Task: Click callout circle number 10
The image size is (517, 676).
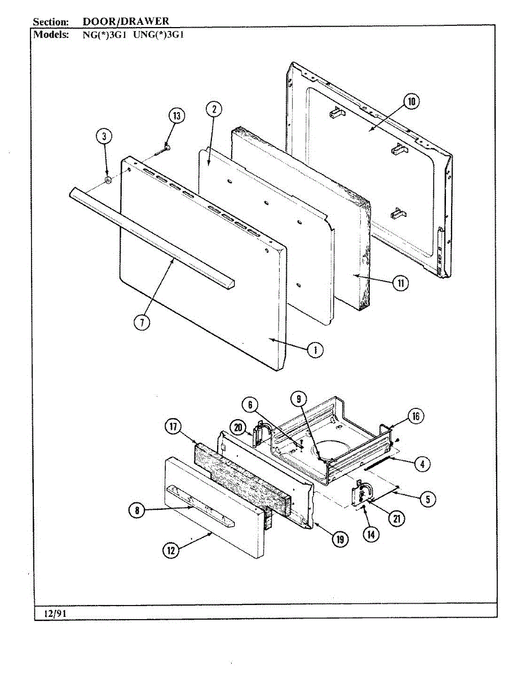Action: [411, 102]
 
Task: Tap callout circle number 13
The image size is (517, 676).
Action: [177, 117]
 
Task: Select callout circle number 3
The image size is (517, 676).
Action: [104, 136]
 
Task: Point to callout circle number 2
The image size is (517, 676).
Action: [214, 109]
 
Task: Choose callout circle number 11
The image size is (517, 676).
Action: [400, 283]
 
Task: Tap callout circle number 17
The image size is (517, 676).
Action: [173, 426]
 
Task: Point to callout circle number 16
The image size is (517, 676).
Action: [416, 417]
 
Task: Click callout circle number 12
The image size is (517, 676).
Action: [170, 550]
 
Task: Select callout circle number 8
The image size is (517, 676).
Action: [136, 511]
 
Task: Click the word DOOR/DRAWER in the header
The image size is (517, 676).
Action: [126, 21]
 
